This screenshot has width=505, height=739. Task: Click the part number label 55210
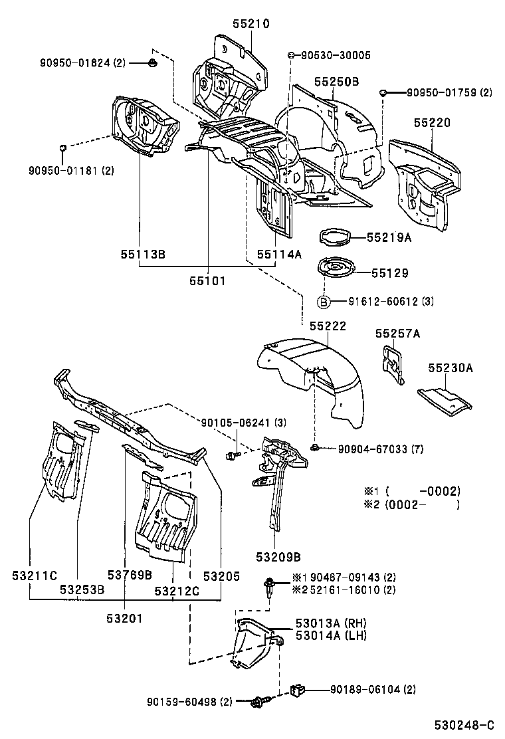251,23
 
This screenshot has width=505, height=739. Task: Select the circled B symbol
324,302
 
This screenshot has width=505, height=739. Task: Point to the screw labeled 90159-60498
260,701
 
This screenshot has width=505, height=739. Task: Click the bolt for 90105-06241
232,455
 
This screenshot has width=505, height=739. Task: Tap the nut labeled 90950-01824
152,63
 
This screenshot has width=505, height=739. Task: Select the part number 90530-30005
335,55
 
